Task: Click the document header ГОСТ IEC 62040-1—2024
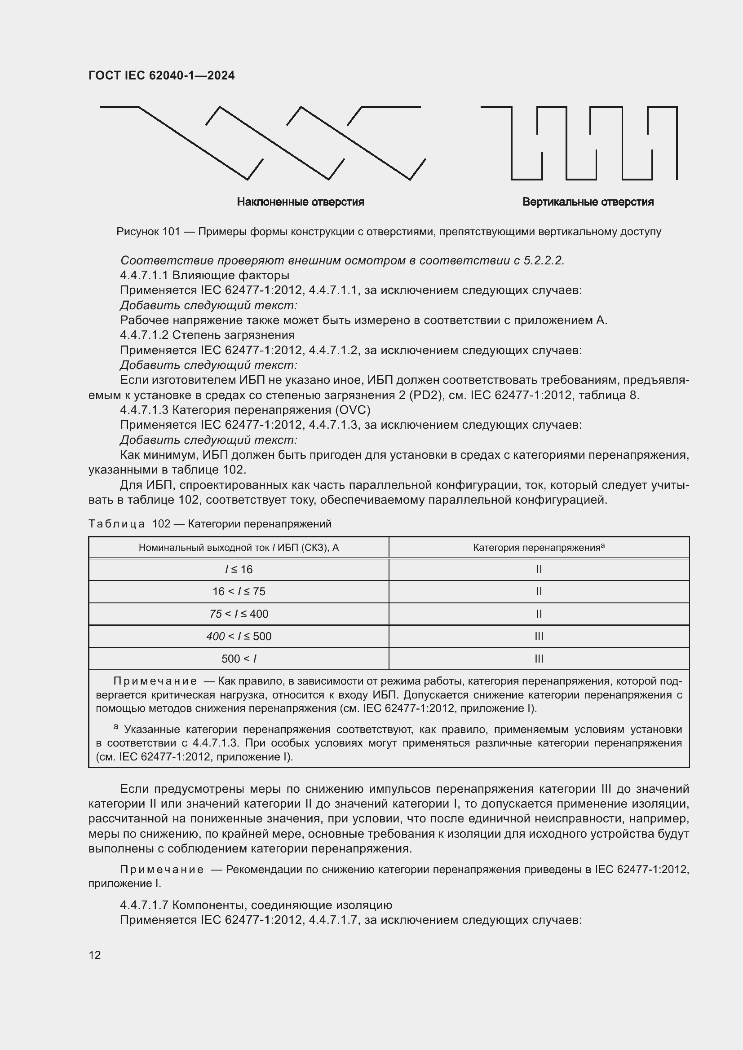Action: (x=161, y=75)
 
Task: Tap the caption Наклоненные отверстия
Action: (x=300, y=202)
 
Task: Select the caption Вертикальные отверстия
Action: (x=588, y=202)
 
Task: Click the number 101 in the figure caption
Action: (x=171, y=232)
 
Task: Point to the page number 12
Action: (x=95, y=955)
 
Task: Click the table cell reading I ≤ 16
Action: (x=239, y=569)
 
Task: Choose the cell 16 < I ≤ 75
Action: (x=239, y=592)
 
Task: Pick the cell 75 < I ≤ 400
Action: (x=239, y=614)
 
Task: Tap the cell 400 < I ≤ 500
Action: (x=239, y=637)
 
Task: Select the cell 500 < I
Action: (x=239, y=659)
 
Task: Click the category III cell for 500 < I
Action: (x=539, y=659)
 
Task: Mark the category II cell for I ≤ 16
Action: (x=539, y=569)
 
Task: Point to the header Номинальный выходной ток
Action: (x=204, y=548)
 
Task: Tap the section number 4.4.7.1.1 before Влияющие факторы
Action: (x=144, y=275)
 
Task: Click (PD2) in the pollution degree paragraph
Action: (x=426, y=395)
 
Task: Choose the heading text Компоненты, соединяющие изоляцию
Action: (x=282, y=905)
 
